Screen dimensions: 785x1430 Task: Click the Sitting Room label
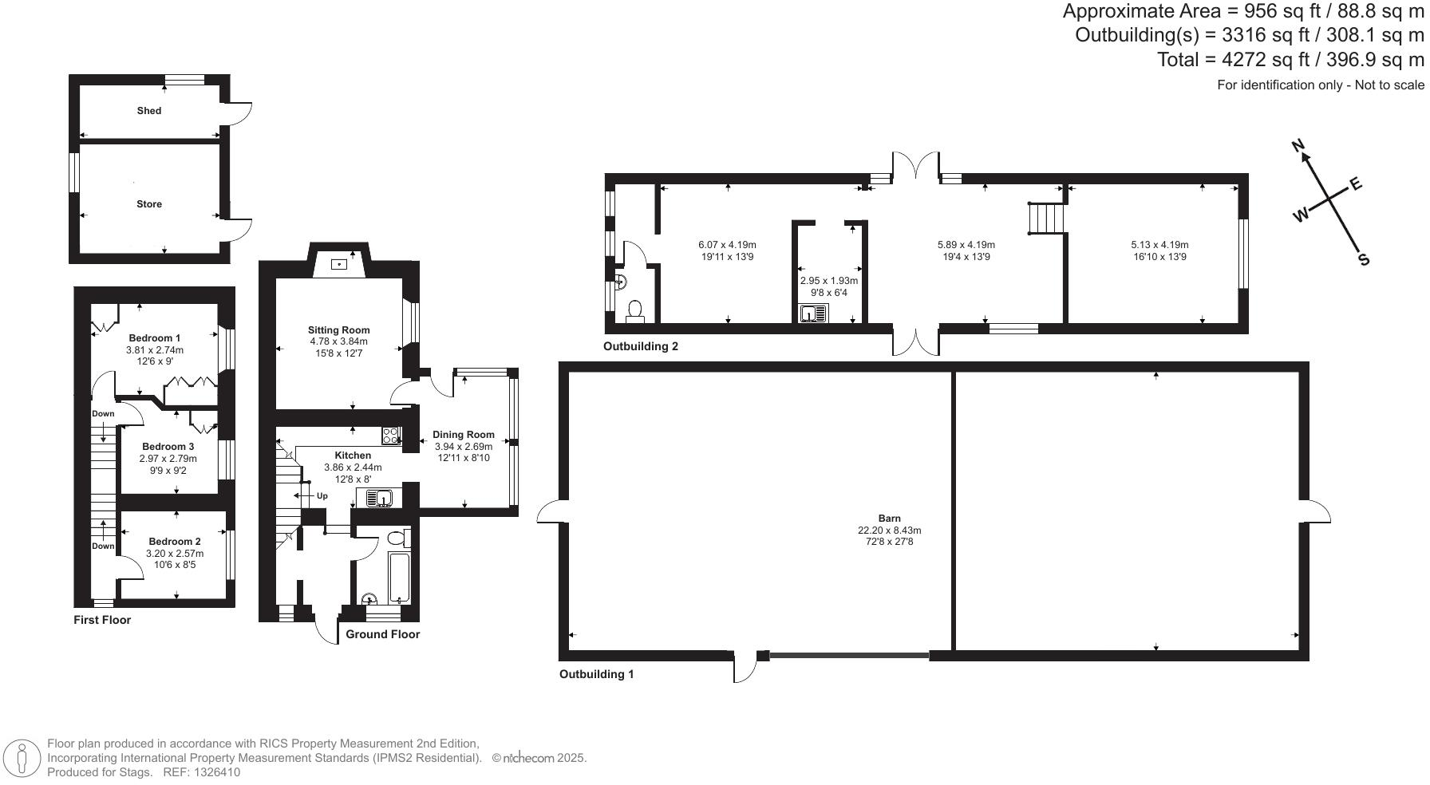coord(339,329)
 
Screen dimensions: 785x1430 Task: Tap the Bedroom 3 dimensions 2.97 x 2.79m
coord(168,459)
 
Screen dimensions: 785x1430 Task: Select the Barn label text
coord(890,519)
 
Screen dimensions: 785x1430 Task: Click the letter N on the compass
coord(1298,146)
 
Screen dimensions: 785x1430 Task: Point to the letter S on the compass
coord(1364,260)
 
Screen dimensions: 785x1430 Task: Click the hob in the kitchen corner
coord(391,436)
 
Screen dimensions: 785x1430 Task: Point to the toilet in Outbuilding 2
coord(635,310)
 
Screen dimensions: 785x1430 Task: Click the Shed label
coord(149,111)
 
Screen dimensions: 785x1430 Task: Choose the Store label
coord(149,204)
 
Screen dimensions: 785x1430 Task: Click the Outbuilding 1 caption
coord(596,674)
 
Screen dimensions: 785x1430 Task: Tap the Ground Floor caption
coord(382,634)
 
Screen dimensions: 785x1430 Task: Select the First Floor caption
coord(102,620)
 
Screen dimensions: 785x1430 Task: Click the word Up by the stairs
coord(322,496)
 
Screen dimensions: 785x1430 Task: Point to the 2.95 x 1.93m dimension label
coord(829,281)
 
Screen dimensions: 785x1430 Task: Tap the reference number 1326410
coord(213,772)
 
